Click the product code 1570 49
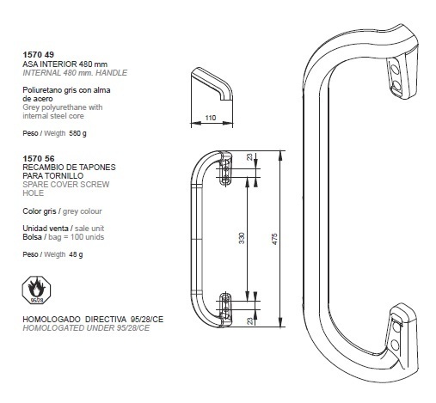39,55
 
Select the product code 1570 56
39,159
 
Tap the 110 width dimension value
211,118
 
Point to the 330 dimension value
242,238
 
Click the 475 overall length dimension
274,239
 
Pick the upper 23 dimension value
250,156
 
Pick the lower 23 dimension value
250,321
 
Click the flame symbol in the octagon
36,288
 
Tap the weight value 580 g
77,133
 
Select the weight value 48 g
76,254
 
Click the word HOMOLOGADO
52,319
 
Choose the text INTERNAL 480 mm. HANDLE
75,73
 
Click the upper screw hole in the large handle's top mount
395,70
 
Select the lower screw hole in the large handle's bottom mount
396,345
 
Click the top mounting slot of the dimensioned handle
225,172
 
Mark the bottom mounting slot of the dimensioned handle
225,306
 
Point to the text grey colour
83,211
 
